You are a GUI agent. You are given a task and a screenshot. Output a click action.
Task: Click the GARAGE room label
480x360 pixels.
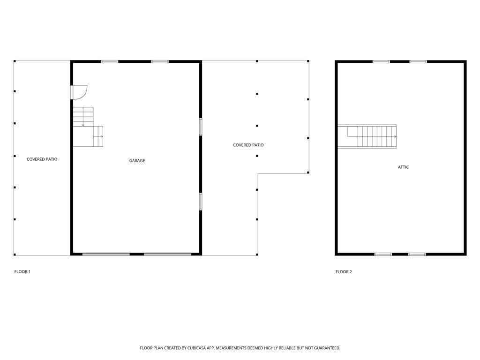coord(137,161)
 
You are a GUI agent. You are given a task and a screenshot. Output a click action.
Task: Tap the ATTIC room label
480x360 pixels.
coord(403,167)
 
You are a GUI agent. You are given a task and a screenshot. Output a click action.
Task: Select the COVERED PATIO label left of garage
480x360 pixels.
coord(42,159)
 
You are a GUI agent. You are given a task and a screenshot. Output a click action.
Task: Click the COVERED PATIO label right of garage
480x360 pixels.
coord(248,145)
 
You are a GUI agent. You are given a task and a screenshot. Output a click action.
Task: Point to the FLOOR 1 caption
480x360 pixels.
coord(22,272)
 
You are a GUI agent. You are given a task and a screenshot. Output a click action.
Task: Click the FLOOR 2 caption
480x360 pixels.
coord(344,272)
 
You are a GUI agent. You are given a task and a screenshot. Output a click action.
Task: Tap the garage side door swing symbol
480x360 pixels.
coord(79,92)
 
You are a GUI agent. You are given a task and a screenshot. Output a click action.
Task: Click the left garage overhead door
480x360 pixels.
coord(106,254)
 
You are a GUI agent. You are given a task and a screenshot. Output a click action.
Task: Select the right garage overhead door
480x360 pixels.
coord(167,254)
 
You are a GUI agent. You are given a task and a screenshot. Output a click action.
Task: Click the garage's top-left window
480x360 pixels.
coord(110,61)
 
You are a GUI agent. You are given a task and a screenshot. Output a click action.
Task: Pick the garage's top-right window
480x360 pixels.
coord(160,61)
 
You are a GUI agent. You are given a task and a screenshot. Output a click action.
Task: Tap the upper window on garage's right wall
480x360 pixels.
coord(201,127)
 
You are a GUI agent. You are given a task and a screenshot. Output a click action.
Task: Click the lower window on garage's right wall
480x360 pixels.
coord(201,201)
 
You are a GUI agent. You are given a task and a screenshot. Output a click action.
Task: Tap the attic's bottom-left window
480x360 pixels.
coord(383,254)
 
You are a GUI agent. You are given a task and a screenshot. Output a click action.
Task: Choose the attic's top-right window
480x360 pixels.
coord(418,61)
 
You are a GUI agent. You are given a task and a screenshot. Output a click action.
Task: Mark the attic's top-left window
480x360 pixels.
coord(381,61)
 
